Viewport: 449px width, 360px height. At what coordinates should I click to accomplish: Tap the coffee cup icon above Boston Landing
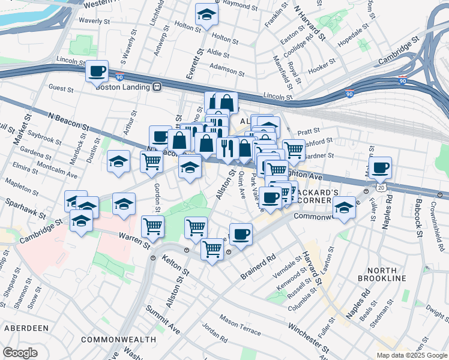coord(97,72)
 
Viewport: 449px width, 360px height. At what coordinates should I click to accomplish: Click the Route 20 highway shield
coord(382,187)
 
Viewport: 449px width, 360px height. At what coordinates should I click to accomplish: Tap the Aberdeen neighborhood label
coord(26,328)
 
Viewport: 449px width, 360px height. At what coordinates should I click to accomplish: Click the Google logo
coord(20,353)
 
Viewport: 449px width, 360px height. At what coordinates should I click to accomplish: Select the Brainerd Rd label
coord(259,267)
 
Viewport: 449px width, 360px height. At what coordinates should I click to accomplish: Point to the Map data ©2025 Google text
coord(411,355)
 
